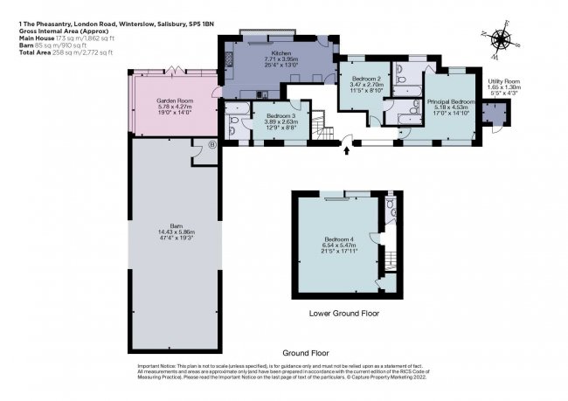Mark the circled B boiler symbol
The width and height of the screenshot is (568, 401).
click(211, 145)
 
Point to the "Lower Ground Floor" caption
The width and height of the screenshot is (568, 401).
click(343, 312)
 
